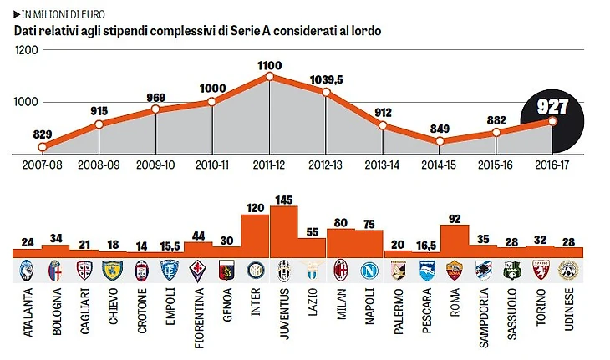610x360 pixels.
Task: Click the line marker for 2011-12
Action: [269, 77]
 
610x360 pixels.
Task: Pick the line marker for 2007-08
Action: [42, 146]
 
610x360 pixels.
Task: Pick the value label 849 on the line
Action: [439, 128]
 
